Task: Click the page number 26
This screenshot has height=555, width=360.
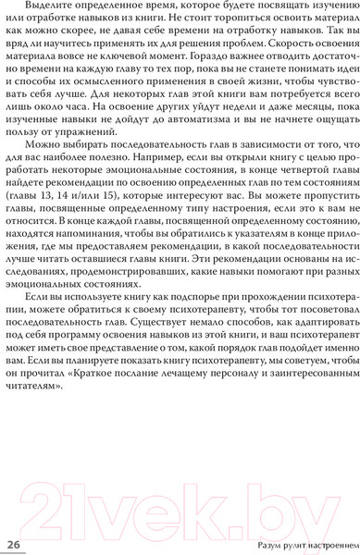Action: (14, 544)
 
